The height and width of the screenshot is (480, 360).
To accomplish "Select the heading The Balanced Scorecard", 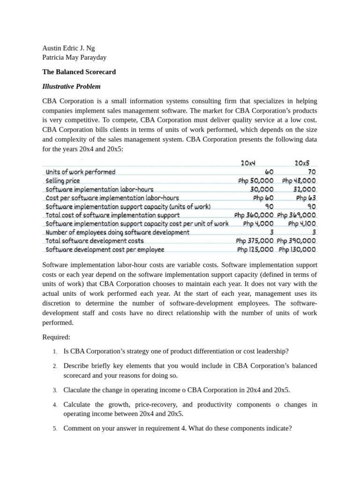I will tap(79, 72).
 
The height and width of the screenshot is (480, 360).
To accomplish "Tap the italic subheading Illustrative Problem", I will tap(71, 86).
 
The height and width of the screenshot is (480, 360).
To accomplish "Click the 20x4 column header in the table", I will tap(247, 163).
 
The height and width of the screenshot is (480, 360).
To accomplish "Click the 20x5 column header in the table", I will tap(302, 163).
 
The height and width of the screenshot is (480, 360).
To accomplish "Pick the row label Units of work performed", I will tap(81, 172).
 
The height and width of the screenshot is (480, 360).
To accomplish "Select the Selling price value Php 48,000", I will tap(299, 180).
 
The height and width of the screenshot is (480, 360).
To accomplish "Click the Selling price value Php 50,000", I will tap(255, 180).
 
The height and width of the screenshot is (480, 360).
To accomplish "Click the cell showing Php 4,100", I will tap(302, 224).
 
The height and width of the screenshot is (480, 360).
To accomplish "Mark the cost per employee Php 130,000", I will tap(297, 249).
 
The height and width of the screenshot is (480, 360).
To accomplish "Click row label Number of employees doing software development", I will tap(118, 232).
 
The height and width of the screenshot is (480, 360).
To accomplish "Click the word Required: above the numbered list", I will tap(56, 337).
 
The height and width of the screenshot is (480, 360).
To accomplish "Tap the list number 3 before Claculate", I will tap(55, 390).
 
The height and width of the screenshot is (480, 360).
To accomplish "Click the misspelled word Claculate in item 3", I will tap(77, 390).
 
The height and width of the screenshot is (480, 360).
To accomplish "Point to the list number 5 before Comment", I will tap(55, 428).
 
